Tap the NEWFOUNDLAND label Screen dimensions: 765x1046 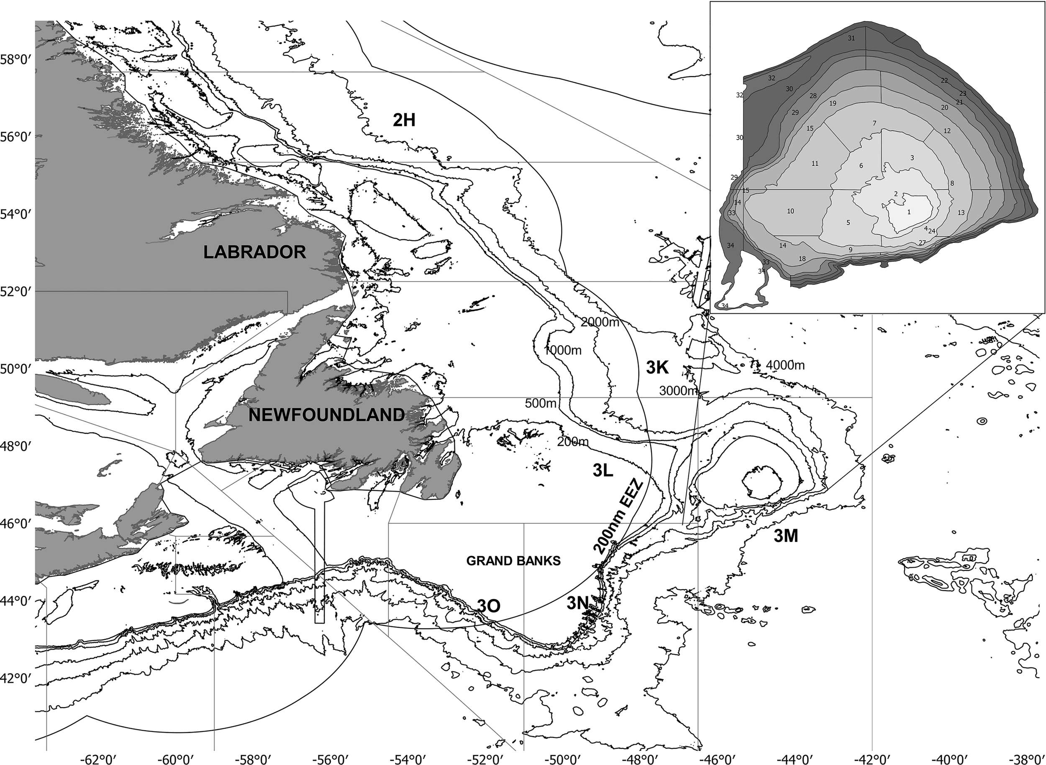pyautogui.click(x=327, y=415)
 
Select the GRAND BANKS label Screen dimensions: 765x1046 pyautogui.click(x=513, y=561)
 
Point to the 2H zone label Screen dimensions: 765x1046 pyautogui.click(x=404, y=120)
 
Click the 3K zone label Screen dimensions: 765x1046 pyautogui.click(x=658, y=368)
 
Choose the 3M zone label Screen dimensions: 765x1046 pyautogui.click(x=786, y=536)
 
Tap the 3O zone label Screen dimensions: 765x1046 pyautogui.click(x=489, y=606)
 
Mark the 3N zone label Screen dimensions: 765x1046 pyautogui.click(x=578, y=603)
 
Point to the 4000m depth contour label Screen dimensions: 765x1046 pyautogui.click(x=785, y=366)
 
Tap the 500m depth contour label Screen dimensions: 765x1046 pyautogui.click(x=540, y=403)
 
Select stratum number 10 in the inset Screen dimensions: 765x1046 pyautogui.click(x=790, y=211)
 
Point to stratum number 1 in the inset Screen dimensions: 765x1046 pyautogui.click(x=908, y=212)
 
